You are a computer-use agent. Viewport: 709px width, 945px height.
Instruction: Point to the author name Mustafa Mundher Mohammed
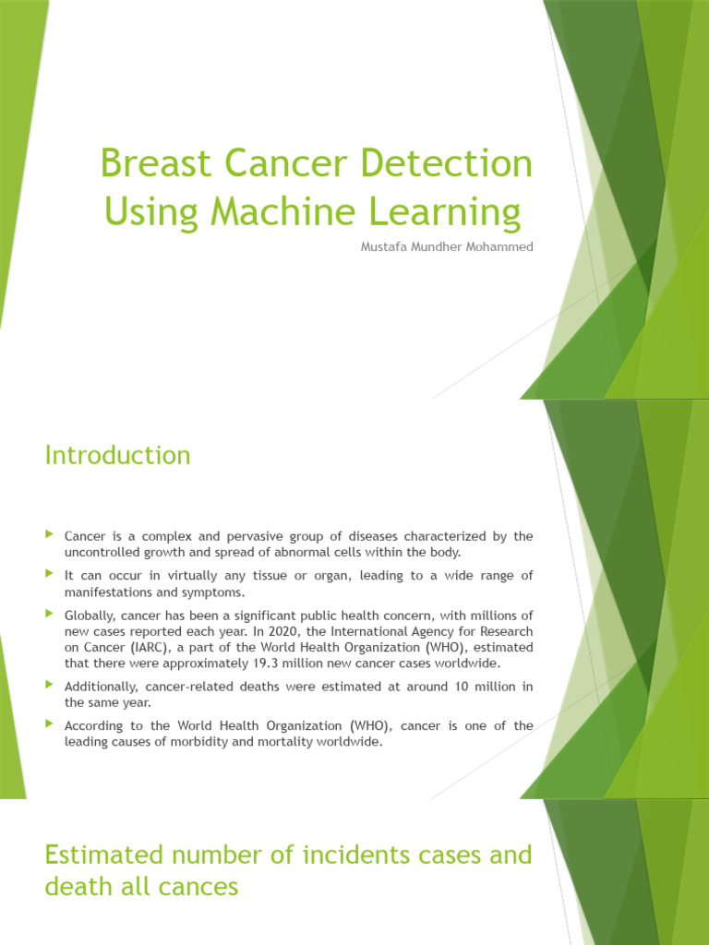click(446, 247)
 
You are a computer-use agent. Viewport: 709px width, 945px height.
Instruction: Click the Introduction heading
click(117, 455)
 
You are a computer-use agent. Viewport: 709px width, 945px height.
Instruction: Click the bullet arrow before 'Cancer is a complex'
click(50, 534)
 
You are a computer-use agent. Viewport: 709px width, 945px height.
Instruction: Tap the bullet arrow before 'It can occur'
click(50, 574)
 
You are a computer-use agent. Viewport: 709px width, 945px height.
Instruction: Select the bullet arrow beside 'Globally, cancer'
click(50, 613)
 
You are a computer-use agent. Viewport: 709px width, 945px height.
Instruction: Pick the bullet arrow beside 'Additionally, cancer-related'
click(50, 685)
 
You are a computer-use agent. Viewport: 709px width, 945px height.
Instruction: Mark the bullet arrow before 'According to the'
click(50, 724)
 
